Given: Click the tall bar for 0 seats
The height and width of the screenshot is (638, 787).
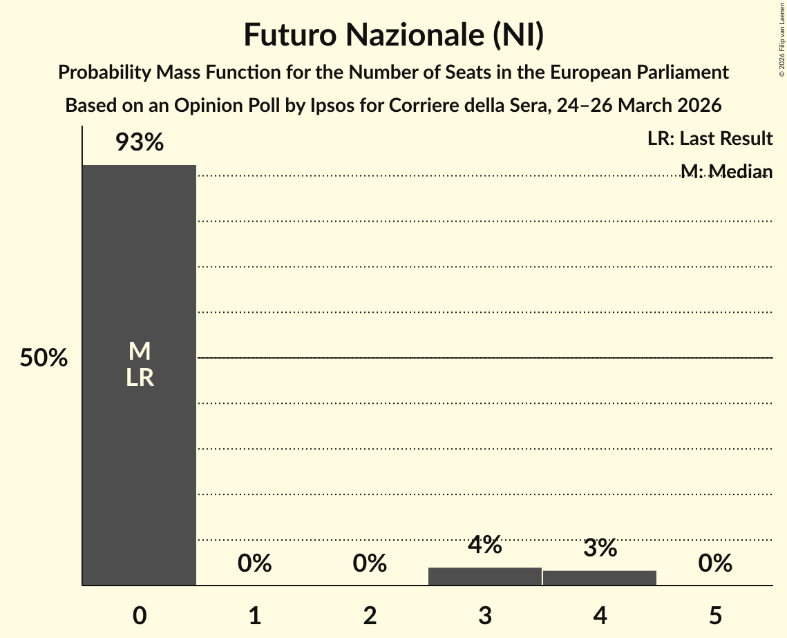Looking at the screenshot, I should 139,276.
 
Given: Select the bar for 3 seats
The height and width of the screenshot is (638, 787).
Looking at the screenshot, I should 485,576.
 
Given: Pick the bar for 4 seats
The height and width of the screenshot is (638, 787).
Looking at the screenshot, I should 600,577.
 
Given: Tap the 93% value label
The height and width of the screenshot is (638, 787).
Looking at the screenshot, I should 139,143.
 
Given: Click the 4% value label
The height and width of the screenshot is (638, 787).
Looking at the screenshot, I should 484,545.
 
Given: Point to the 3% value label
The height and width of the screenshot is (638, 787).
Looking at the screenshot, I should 600,548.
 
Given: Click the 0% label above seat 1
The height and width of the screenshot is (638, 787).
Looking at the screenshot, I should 254,563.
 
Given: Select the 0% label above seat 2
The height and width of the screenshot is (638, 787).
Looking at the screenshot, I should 370,563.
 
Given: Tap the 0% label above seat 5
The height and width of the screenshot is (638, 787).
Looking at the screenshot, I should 714,563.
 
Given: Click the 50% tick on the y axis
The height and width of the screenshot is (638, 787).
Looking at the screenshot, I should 44,358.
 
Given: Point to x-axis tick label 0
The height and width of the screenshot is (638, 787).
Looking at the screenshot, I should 140,616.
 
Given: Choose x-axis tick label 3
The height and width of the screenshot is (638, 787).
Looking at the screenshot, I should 485,616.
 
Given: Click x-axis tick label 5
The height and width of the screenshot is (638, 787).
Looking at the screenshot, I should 715,616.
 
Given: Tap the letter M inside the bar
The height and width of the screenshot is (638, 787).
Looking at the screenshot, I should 140,351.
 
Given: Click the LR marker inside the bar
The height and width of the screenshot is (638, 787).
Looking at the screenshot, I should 140,378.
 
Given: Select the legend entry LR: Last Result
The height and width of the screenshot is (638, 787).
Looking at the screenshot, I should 710,139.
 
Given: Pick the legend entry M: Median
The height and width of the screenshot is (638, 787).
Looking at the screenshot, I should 726,171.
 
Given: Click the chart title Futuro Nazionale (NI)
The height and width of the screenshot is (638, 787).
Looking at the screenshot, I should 393,36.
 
